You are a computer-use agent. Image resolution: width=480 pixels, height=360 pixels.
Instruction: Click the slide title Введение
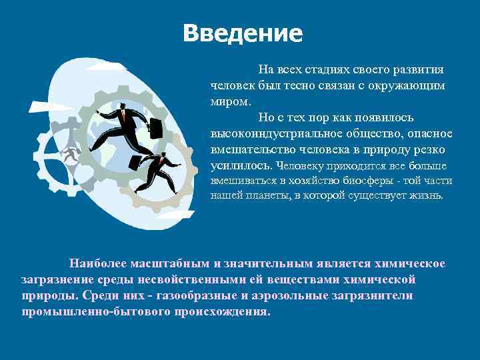[242, 33]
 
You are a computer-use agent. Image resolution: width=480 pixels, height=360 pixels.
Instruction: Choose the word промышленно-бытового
[89, 311]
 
